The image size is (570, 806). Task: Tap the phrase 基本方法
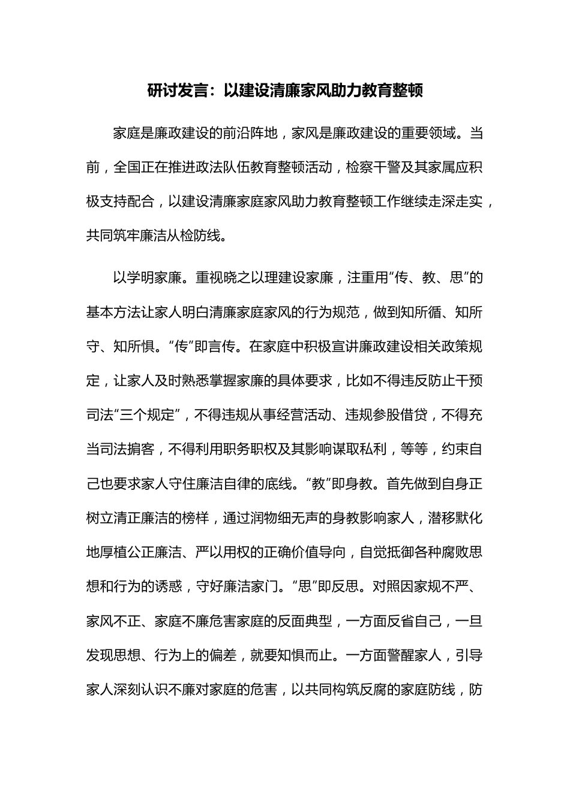[113, 312]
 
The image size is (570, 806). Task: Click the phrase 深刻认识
[140, 689]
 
